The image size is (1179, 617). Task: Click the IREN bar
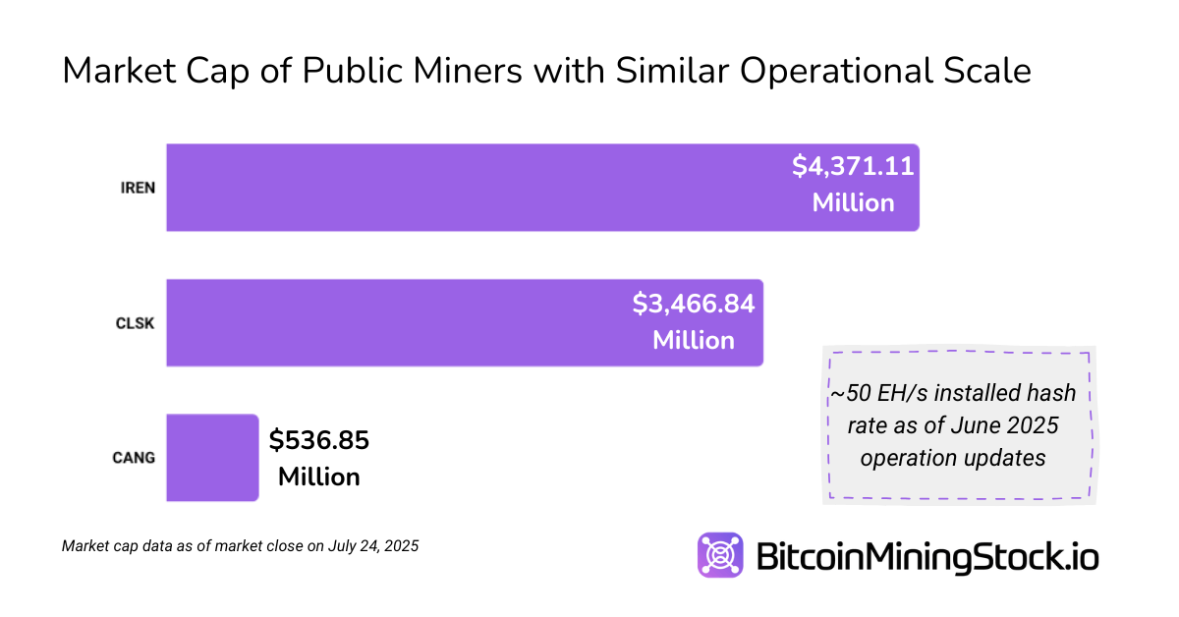point(472,188)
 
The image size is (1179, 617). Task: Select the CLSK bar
point(393,322)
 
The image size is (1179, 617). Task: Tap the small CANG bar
point(212,457)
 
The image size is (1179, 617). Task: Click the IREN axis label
point(138,188)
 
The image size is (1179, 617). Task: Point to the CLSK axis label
point(136,322)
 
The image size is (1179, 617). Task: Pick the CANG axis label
point(135,458)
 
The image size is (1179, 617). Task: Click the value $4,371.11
point(853,166)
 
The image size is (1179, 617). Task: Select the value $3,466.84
point(694,304)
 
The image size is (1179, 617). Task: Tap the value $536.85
point(319,440)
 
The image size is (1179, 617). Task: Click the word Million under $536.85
point(319,477)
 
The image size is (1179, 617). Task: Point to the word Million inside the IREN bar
point(853,203)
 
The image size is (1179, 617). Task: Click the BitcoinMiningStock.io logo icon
point(720,555)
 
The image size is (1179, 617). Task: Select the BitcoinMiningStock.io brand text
point(926,556)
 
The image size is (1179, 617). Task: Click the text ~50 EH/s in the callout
point(878,394)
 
